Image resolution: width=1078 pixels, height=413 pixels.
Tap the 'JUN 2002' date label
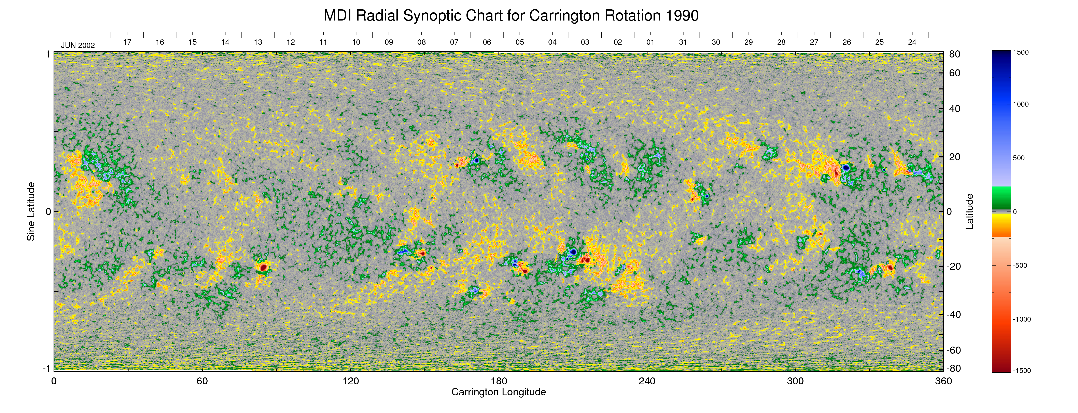coord(78,45)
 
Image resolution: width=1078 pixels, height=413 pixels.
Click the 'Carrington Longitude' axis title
coord(498,392)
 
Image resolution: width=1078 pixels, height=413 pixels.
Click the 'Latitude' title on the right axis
coord(970,211)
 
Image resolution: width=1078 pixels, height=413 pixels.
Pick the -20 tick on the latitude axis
coord(954,266)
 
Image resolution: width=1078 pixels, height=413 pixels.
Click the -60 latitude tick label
coord(954,350)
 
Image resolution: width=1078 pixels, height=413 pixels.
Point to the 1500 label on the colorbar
coord(1021,53)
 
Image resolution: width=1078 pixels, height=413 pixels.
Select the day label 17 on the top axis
coord(127,42)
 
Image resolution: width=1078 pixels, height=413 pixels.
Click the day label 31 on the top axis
coord(683,42)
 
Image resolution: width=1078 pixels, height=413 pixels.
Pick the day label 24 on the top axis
coord(912,42)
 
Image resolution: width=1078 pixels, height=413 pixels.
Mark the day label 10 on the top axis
coord(356,42)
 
